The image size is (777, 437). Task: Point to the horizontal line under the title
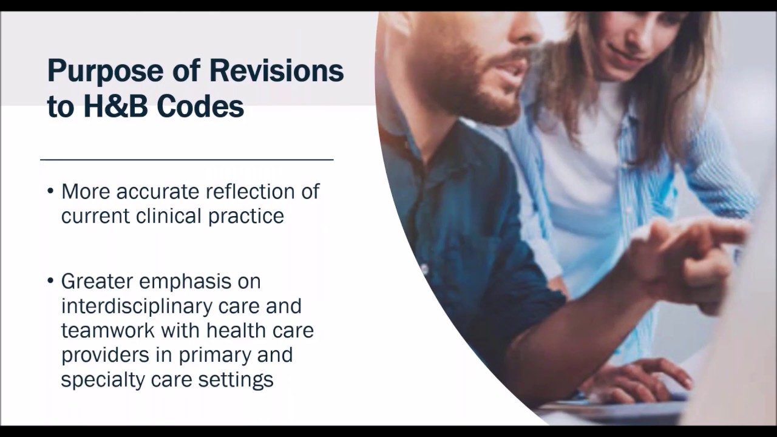tap(187, 160)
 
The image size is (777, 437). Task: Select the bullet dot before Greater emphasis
tap(50, 283)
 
